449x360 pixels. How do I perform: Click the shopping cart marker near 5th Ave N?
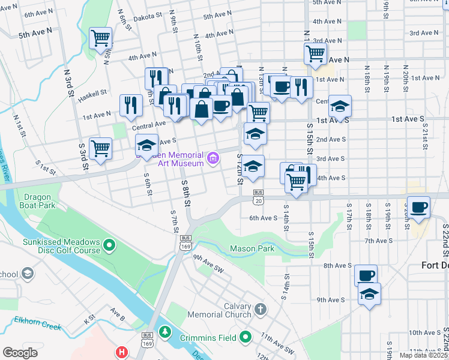tap(100, 38)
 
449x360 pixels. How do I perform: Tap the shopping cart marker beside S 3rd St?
tap(100, 148)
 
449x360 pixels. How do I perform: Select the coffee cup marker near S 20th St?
tap(418, 207)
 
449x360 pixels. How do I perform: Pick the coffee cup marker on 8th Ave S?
tap(366, 275)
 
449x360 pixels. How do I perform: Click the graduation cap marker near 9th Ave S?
tap(369, 294)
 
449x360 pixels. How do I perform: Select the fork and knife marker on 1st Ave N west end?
tap(130, 106)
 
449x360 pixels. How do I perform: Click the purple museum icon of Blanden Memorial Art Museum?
tap(212, 158)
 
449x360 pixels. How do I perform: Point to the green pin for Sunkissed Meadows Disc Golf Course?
tap(109, 244)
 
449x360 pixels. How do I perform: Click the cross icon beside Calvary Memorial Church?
tap(259, 309)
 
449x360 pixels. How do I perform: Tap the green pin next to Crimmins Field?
tap(245, 338)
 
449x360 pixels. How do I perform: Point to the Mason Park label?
tap(252, 248)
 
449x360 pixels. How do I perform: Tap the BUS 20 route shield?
tap(258, 197)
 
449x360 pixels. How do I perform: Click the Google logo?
tap(20, 352)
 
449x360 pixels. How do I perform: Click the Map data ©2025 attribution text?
tap(423, 355)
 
